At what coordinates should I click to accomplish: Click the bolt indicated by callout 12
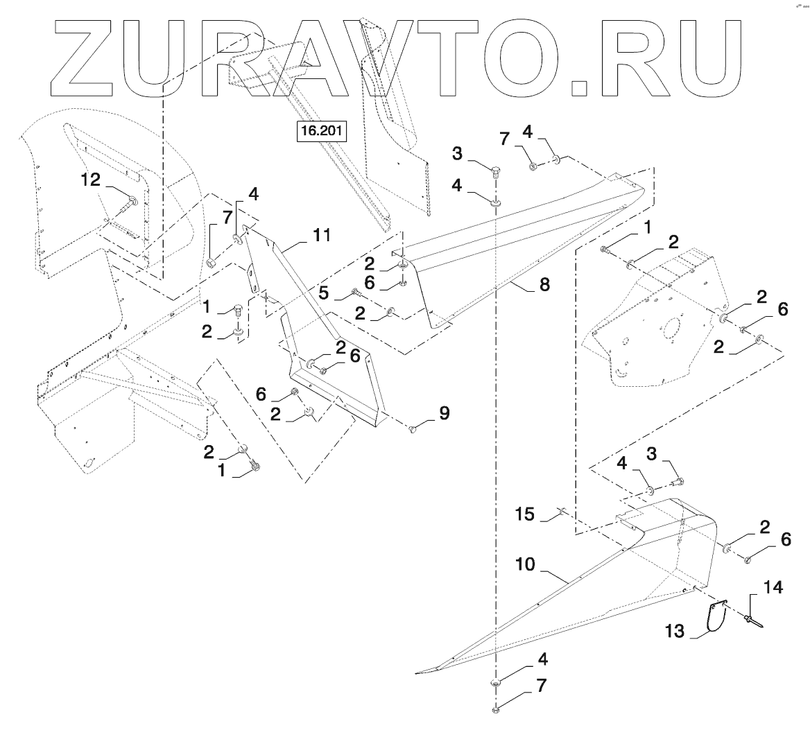click(130, 202)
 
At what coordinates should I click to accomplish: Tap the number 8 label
click(545, 284)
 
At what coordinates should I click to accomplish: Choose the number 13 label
click(675, 631)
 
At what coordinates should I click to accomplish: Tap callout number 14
click(774, 589)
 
